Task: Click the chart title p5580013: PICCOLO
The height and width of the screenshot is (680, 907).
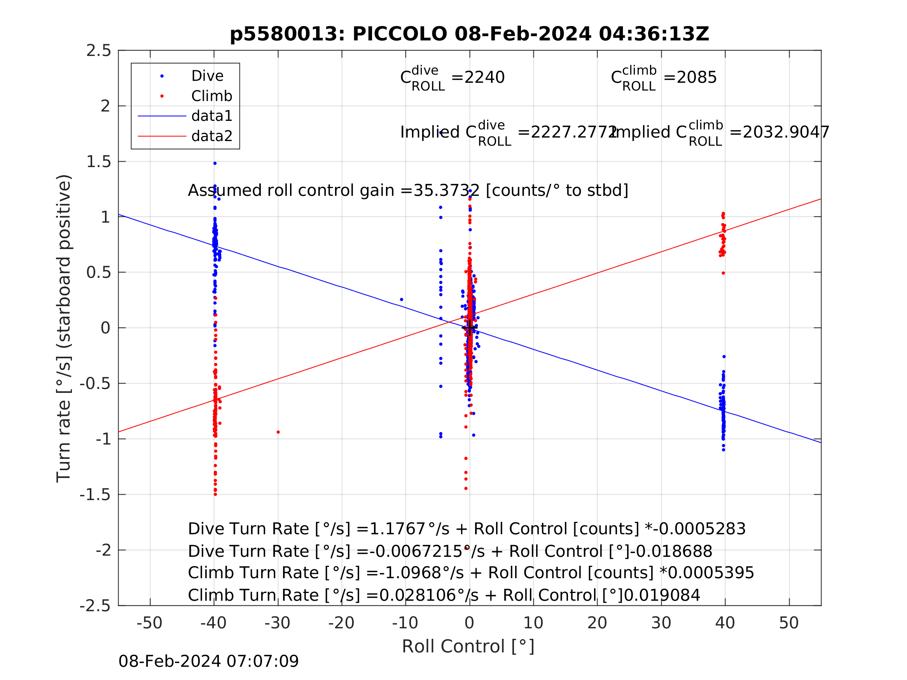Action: click(x=469, y=34)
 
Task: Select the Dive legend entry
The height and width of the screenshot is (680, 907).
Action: click(x=207, y=76)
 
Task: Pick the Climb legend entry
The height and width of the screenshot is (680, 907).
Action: click(x=211, y=96)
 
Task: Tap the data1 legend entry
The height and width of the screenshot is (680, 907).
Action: click(x=211, y=117)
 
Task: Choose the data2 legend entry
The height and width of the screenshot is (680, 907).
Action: click(x=211, y=136)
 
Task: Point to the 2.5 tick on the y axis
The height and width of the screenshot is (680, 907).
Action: click(x=99, y=51)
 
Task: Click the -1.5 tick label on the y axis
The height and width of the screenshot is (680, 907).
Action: click(x=95, y=495)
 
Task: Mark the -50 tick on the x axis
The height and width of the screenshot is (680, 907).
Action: click(x=150, y=623)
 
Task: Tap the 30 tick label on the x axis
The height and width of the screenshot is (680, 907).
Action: click(x=661, y=623)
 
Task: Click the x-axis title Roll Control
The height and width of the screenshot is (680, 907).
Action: click(x=468, y=647)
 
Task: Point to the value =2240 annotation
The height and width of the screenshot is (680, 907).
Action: click(x=478, y=77)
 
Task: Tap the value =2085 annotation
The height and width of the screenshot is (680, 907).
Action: click(x=690, y=77)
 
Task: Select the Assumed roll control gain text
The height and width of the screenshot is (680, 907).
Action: click(x=408, y=191)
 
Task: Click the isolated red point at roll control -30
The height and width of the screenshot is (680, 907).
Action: click(x=278, y=432)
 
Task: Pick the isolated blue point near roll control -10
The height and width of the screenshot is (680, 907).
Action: click(x=402, y=300)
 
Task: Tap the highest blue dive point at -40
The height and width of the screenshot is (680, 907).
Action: click(x=215, y=164)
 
